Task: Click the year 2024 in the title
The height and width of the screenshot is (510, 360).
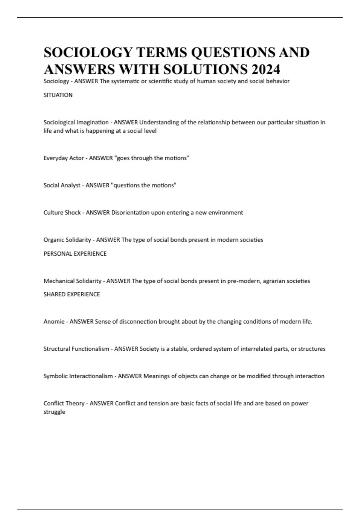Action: tap(266, 69)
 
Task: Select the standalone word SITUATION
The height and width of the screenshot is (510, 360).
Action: tap(58, 95)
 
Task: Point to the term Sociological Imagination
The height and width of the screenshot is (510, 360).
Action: tap(76, 122)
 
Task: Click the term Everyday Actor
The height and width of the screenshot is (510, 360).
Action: tap(64, 158)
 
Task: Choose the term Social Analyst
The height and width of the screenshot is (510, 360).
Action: tap(62, 185)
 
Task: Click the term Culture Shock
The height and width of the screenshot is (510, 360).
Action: tap(62, 213)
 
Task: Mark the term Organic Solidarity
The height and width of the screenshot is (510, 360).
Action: tap(67, 240)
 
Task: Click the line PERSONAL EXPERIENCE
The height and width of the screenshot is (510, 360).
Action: tap(75, 254)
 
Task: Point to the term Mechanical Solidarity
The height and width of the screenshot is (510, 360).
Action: tap(72, 281)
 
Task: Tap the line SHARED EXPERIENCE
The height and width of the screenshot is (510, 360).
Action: tap(72, 294)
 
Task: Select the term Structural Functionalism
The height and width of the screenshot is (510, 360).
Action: tap(76, 349)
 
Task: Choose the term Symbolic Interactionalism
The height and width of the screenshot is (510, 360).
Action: tap(78, 376)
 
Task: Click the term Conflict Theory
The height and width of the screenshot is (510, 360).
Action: tap(64, 403)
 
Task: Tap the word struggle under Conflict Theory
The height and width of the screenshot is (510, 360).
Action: tap(54, 412)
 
